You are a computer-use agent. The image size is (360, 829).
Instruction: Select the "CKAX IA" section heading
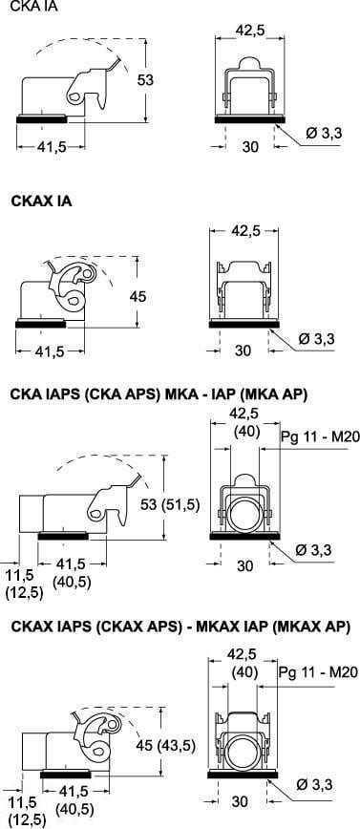(x=41, y=202)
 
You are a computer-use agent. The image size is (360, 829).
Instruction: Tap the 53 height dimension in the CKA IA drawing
(x=145, y=80)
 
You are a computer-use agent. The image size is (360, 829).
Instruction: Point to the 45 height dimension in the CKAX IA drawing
(x=138, y=297)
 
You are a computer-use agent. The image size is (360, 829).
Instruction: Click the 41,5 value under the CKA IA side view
(x=52, y=147)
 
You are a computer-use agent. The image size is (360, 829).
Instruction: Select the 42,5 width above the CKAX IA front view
(x=244, y=231)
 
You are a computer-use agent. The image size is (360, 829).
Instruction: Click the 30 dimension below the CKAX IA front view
(x=243, y=351)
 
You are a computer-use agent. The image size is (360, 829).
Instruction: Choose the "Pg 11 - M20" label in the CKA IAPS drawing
(x=319, y=436)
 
